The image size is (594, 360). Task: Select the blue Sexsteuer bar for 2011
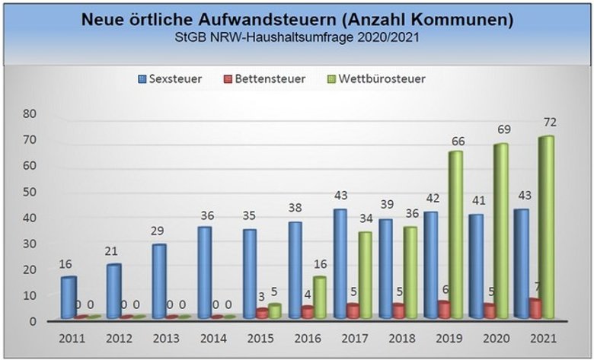tap(69, 297)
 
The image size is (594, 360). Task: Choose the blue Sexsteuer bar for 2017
tap(340, 263)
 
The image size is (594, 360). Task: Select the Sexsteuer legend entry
tap(169, 78)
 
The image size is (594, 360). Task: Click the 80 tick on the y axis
tap(30, 113)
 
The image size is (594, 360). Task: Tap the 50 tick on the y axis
tap(30, 192)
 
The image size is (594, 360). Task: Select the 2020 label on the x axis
tap(497, 338)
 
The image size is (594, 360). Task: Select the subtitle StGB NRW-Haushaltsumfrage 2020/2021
tap(296, 36)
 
